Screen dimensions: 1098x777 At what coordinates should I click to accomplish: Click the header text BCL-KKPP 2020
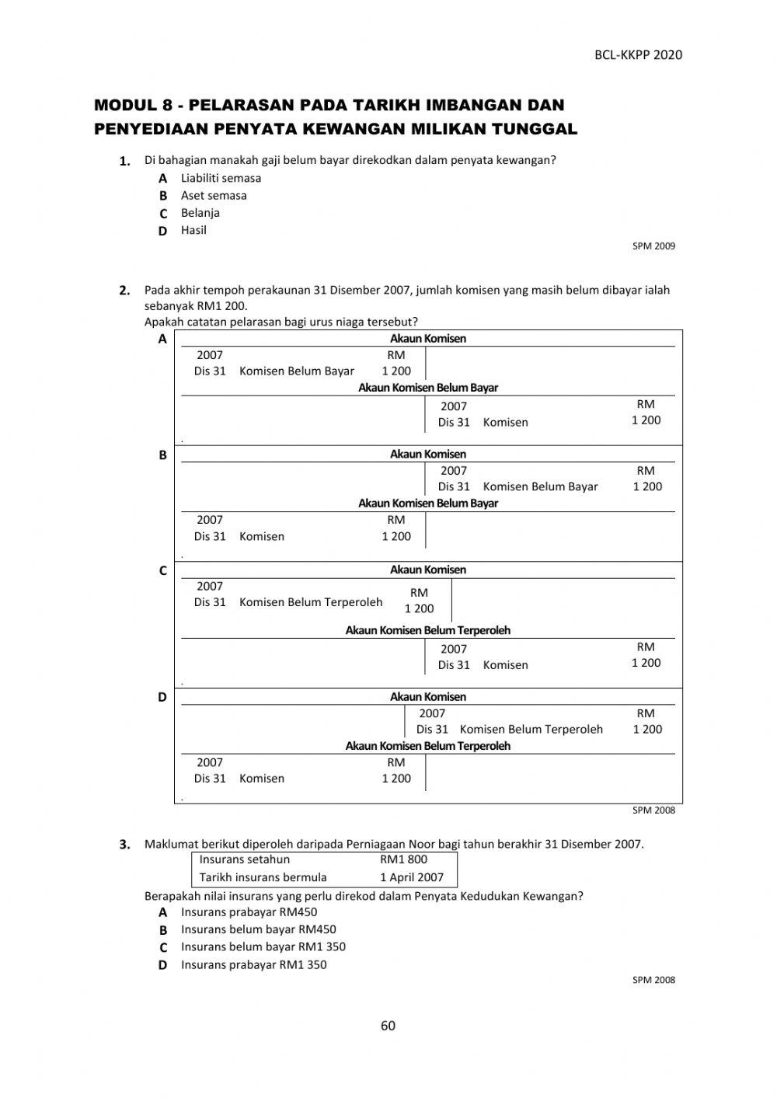point(638,54)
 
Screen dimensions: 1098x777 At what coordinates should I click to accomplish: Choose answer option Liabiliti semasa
point(221,178)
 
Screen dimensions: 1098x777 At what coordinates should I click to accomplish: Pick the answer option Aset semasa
point(214,195)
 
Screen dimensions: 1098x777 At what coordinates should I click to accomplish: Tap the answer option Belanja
point(200,213)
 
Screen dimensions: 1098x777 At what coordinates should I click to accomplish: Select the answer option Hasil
point(193,230)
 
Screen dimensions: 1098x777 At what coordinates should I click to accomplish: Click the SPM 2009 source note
point(653,246)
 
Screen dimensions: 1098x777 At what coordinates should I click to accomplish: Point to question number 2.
point(124,291)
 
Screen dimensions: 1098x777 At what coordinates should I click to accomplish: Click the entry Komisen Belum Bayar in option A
point(296,371)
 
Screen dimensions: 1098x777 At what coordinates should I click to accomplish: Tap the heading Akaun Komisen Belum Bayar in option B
point(427,504)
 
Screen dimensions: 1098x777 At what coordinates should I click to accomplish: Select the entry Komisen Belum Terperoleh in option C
point(311,602)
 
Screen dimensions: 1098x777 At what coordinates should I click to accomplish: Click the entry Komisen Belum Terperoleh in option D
point(531,730)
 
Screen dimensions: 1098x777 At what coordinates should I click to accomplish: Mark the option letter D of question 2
point(162,697)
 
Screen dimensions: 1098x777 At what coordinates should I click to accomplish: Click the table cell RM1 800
point(403,859)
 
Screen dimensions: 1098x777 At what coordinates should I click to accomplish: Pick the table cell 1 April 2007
point(411,877)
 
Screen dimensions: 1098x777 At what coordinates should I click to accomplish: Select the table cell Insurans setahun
point(244,859)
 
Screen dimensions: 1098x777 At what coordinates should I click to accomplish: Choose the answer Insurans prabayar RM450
point(249,912)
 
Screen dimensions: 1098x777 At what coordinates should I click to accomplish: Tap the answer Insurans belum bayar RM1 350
point(263,947)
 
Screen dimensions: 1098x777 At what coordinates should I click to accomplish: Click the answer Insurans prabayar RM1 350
point(253,965)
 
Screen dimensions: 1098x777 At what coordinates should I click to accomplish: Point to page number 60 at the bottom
point(388,1026)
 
